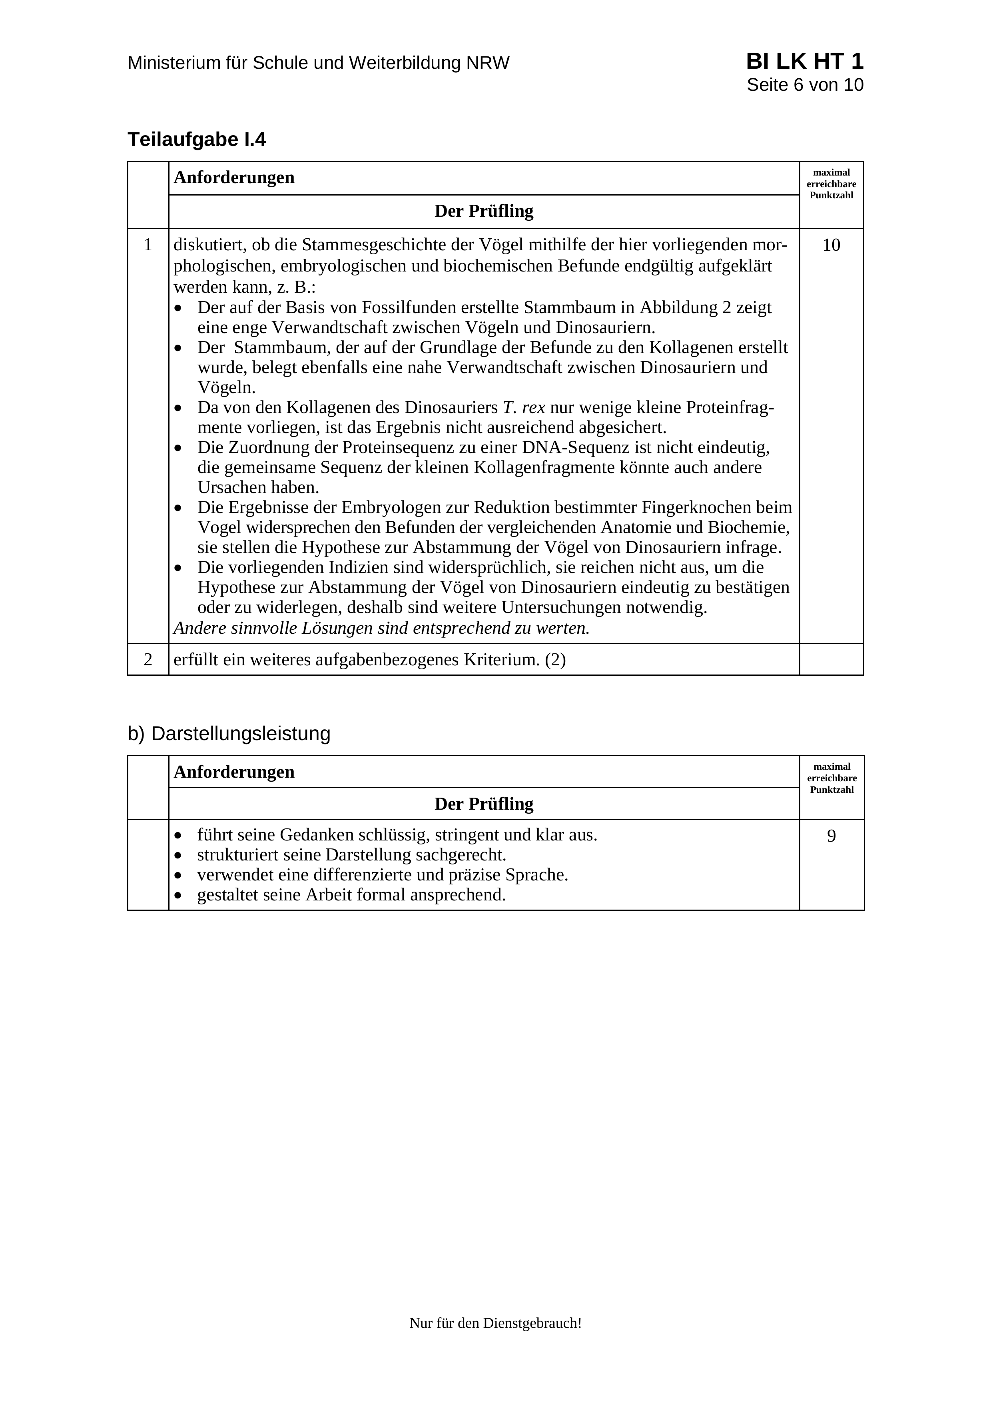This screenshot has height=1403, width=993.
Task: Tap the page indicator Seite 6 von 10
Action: point(805,85)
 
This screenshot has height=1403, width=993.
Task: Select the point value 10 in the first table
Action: point(831,245)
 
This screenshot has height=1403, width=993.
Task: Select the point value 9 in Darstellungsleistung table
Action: point(831,836)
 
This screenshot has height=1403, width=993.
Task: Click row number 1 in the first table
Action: point(148,245)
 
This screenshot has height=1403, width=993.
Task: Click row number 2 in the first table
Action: point(148,660)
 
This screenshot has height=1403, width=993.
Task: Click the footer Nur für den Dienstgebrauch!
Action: point(495,1323)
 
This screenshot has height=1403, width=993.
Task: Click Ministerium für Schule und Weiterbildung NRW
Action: point(318,63)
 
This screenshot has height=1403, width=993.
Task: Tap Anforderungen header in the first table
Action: point(234,178)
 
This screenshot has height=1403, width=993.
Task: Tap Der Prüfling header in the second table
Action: point(484,804)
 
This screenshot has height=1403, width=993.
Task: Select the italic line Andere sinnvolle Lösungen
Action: point(381,628)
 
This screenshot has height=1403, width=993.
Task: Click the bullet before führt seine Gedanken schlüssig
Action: point(178,835)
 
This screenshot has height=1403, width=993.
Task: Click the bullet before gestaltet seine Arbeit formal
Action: point(178,895)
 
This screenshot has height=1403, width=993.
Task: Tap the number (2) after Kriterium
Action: point(555,660)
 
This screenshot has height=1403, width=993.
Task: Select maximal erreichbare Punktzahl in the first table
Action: point(831,184)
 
